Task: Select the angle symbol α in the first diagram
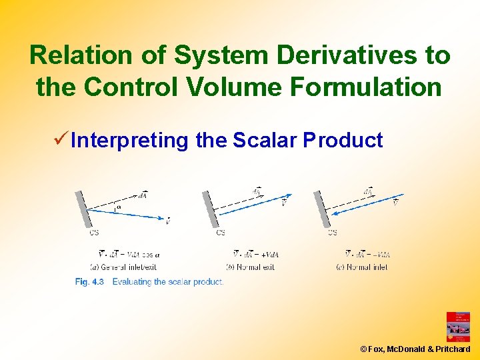[x=119, y=207]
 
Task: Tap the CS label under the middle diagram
[x=221, y=233]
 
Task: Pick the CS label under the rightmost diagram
[x=332, y=233]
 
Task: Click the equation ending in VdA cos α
[x=129, y=254]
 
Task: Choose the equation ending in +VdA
[x=256, y=254]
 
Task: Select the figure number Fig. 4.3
[x=90, y=282]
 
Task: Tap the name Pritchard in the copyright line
[x=453, y=349]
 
